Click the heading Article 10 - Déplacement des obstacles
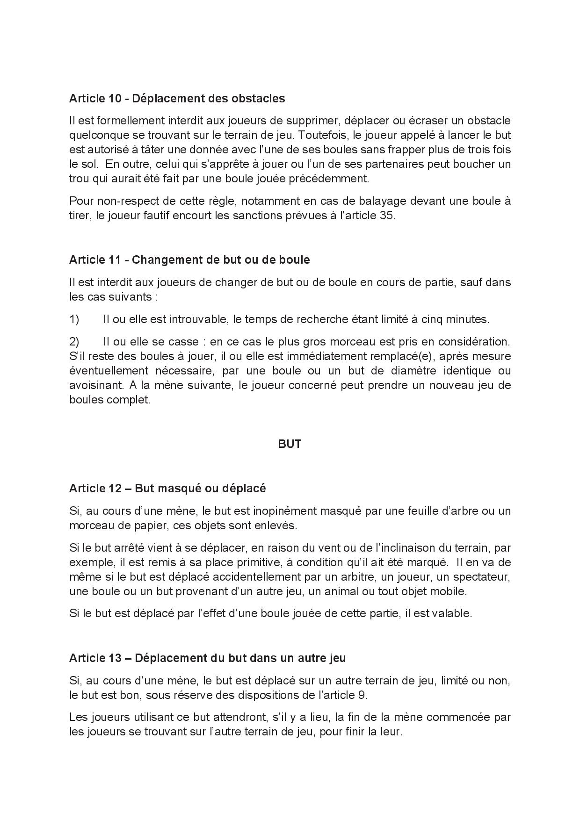(177, 99)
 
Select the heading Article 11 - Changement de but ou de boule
(189, 260)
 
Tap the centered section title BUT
(290, 444)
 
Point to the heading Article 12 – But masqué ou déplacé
(167, 489)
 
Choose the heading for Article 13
(207, 658)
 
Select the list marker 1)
(74, 320)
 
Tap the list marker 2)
(74, 342)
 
